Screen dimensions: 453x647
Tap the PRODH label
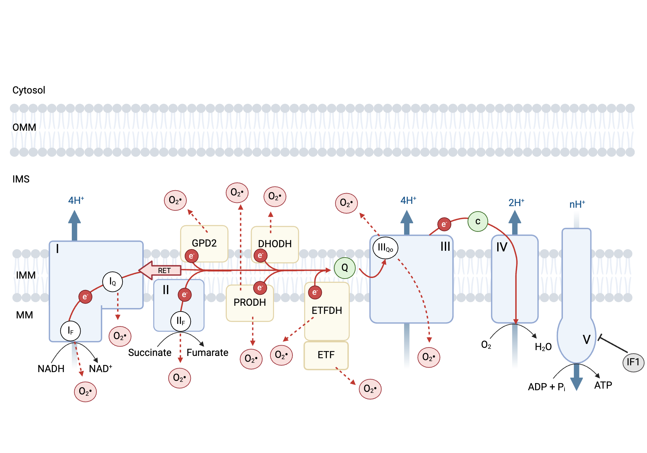coord(250,303)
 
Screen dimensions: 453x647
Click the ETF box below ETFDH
coord(326,355)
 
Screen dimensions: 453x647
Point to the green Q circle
coord(345,268)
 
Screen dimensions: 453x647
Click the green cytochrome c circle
coord(478,221)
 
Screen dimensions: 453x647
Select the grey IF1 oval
coord(633,362)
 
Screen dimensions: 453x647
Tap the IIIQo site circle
coord(385,248)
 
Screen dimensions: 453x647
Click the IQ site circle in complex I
coord(113,282)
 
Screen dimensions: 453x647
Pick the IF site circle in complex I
coord(71,331)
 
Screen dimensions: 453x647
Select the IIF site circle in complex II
coord(181,321)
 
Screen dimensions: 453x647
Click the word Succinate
coord(150,352)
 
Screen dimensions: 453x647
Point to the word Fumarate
coord(207,352)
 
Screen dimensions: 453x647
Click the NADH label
coord(51,369)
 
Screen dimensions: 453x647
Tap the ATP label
coord(603,385)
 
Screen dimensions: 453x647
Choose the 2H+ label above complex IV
coord(516,203)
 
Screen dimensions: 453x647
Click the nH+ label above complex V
coord(577,204)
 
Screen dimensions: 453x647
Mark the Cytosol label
coord(29,90)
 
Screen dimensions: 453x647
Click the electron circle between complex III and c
coord(444,224)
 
